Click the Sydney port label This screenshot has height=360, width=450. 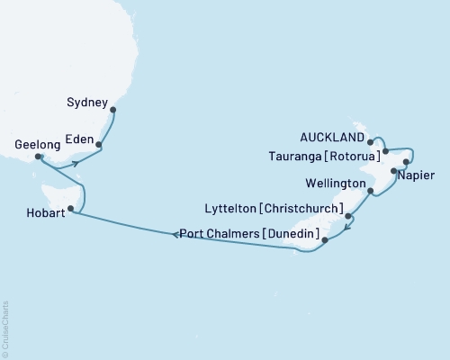[87, 103]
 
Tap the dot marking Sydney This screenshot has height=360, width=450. [112, 112]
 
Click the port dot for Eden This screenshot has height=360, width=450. [98, 145]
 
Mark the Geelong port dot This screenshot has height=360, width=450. [38, 157]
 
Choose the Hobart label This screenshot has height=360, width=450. [39, 212]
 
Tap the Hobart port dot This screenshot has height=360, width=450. [71, 207]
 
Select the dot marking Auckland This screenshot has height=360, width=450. [371, 141]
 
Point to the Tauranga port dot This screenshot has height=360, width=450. [385, 151]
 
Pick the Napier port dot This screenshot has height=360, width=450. [394, 170]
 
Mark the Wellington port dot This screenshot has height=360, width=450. [371, 190]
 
